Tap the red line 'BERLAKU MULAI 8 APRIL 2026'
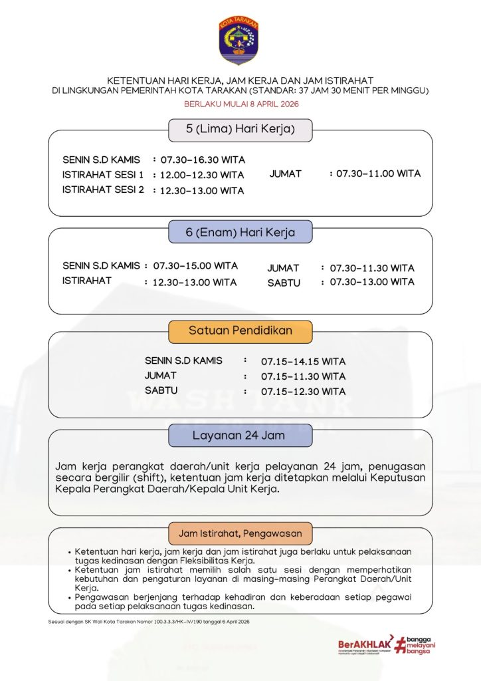[241, 104]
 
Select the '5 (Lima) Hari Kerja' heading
[240, 129]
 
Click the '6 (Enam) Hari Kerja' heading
[240, 233]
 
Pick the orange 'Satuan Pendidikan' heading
[240, 331]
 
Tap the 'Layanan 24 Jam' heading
[239, 436]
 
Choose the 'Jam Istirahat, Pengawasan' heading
[240, 533]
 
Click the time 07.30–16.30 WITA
[203, 160]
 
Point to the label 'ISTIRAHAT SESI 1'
[103, 175]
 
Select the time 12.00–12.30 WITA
[202, 176]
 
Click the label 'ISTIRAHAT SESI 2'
[103, 190]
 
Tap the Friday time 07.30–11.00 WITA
[378, 174]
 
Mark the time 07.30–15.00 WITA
[195, 266]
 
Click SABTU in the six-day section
[284, 283]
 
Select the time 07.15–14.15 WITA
[303, 362]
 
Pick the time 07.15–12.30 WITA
[303, 392]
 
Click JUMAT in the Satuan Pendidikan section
[161, 376]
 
